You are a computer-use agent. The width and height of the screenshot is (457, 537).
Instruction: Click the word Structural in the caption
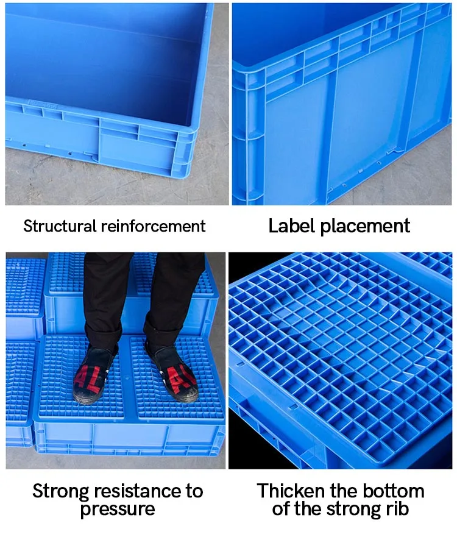60,227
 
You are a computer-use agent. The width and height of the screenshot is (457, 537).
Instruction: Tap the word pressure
118,510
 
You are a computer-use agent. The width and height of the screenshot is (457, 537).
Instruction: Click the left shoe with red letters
97,375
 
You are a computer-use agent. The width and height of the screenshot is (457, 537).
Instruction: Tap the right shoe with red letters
172,372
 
